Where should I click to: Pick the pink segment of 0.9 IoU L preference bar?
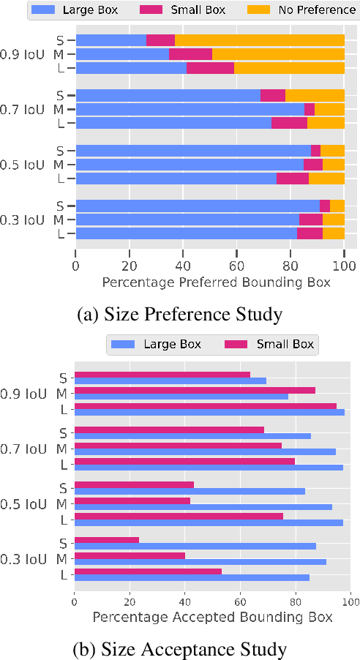(210, 68)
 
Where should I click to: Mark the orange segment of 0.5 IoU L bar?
(326, 178)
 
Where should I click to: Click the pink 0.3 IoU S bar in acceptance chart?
(107, 539)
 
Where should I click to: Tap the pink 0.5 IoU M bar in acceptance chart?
(132, 500)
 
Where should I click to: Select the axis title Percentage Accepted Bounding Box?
(212, 618)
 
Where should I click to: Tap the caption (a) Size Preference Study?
(180, 315)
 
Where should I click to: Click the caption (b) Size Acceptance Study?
(180, 648)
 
